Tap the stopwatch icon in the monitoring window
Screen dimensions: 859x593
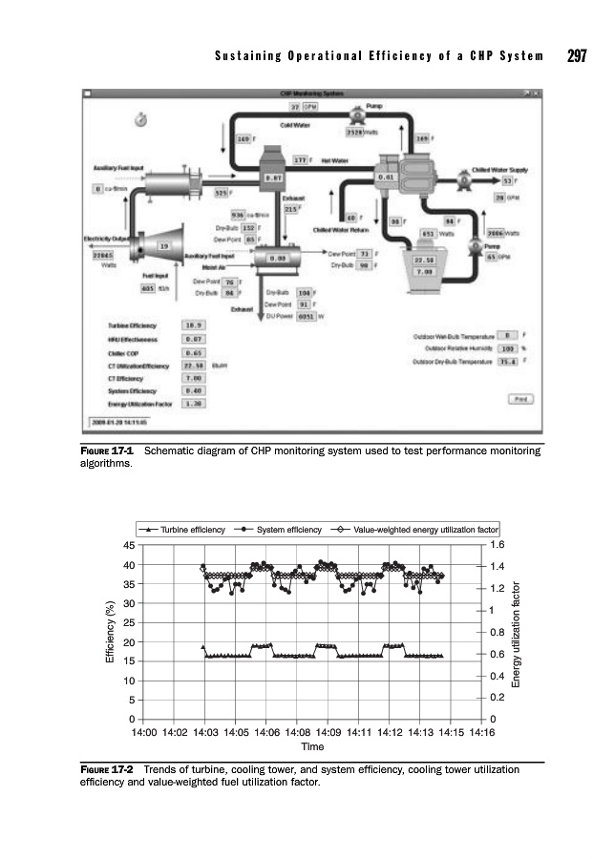point(140,117)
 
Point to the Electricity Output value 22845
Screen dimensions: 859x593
point(102,256)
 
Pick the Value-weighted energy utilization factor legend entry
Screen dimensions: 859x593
point(413,528)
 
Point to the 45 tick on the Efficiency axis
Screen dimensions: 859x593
point(128,545)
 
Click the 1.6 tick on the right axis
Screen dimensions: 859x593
point(497,545)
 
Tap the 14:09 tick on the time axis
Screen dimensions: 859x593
point(328,733)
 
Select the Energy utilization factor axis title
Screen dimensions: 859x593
point(518,632)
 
